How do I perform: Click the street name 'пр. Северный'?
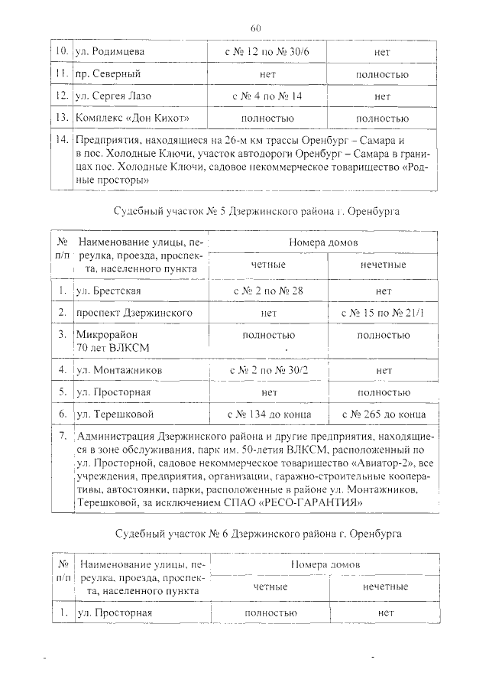click(x=108, y=75)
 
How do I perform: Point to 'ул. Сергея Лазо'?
click(x=114, y=97)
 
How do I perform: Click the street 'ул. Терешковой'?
click(x=115, y=414)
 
